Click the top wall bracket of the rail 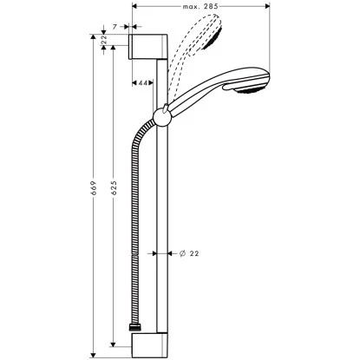pyautogui.click(x=144, y=47)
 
